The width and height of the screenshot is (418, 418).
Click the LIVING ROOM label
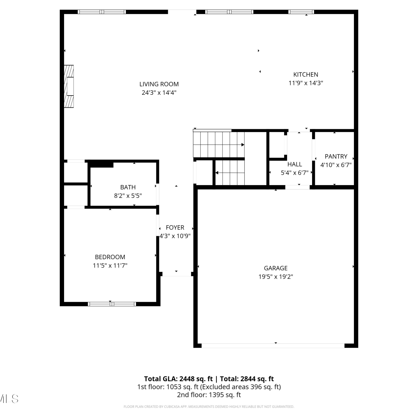(159, 84)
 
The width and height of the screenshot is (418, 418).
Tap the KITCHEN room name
(306, 74)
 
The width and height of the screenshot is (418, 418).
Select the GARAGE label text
(276, 268)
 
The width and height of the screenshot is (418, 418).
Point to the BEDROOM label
(110, 257)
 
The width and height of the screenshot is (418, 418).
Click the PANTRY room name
(336, 156)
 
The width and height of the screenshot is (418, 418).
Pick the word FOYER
(175, 227)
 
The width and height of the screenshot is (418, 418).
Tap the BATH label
(128, 187)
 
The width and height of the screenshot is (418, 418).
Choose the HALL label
(295, 164)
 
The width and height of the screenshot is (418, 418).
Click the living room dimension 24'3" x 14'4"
(159, 93)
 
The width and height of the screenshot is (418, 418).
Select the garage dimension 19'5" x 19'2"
(276, 277)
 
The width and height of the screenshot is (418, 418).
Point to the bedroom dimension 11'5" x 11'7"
(110, 266)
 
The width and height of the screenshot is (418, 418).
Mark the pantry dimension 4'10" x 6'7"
(336, 165)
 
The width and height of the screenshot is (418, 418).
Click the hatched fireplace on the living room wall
(69, 86)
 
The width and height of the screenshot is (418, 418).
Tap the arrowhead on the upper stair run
(243, 145)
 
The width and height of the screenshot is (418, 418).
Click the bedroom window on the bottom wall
(112, 304)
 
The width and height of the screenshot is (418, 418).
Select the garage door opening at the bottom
(273, 346)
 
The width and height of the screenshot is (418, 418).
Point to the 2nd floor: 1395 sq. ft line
(209, 395)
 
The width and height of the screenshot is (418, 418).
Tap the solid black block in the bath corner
(102, 165)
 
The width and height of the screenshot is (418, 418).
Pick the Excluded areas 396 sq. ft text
(240, 387)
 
